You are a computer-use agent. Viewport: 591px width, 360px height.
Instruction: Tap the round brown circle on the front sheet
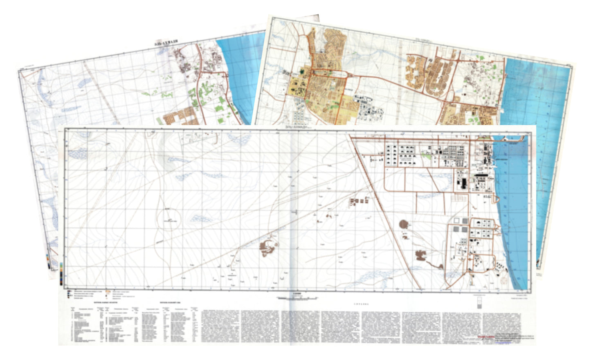coord(404,224)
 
